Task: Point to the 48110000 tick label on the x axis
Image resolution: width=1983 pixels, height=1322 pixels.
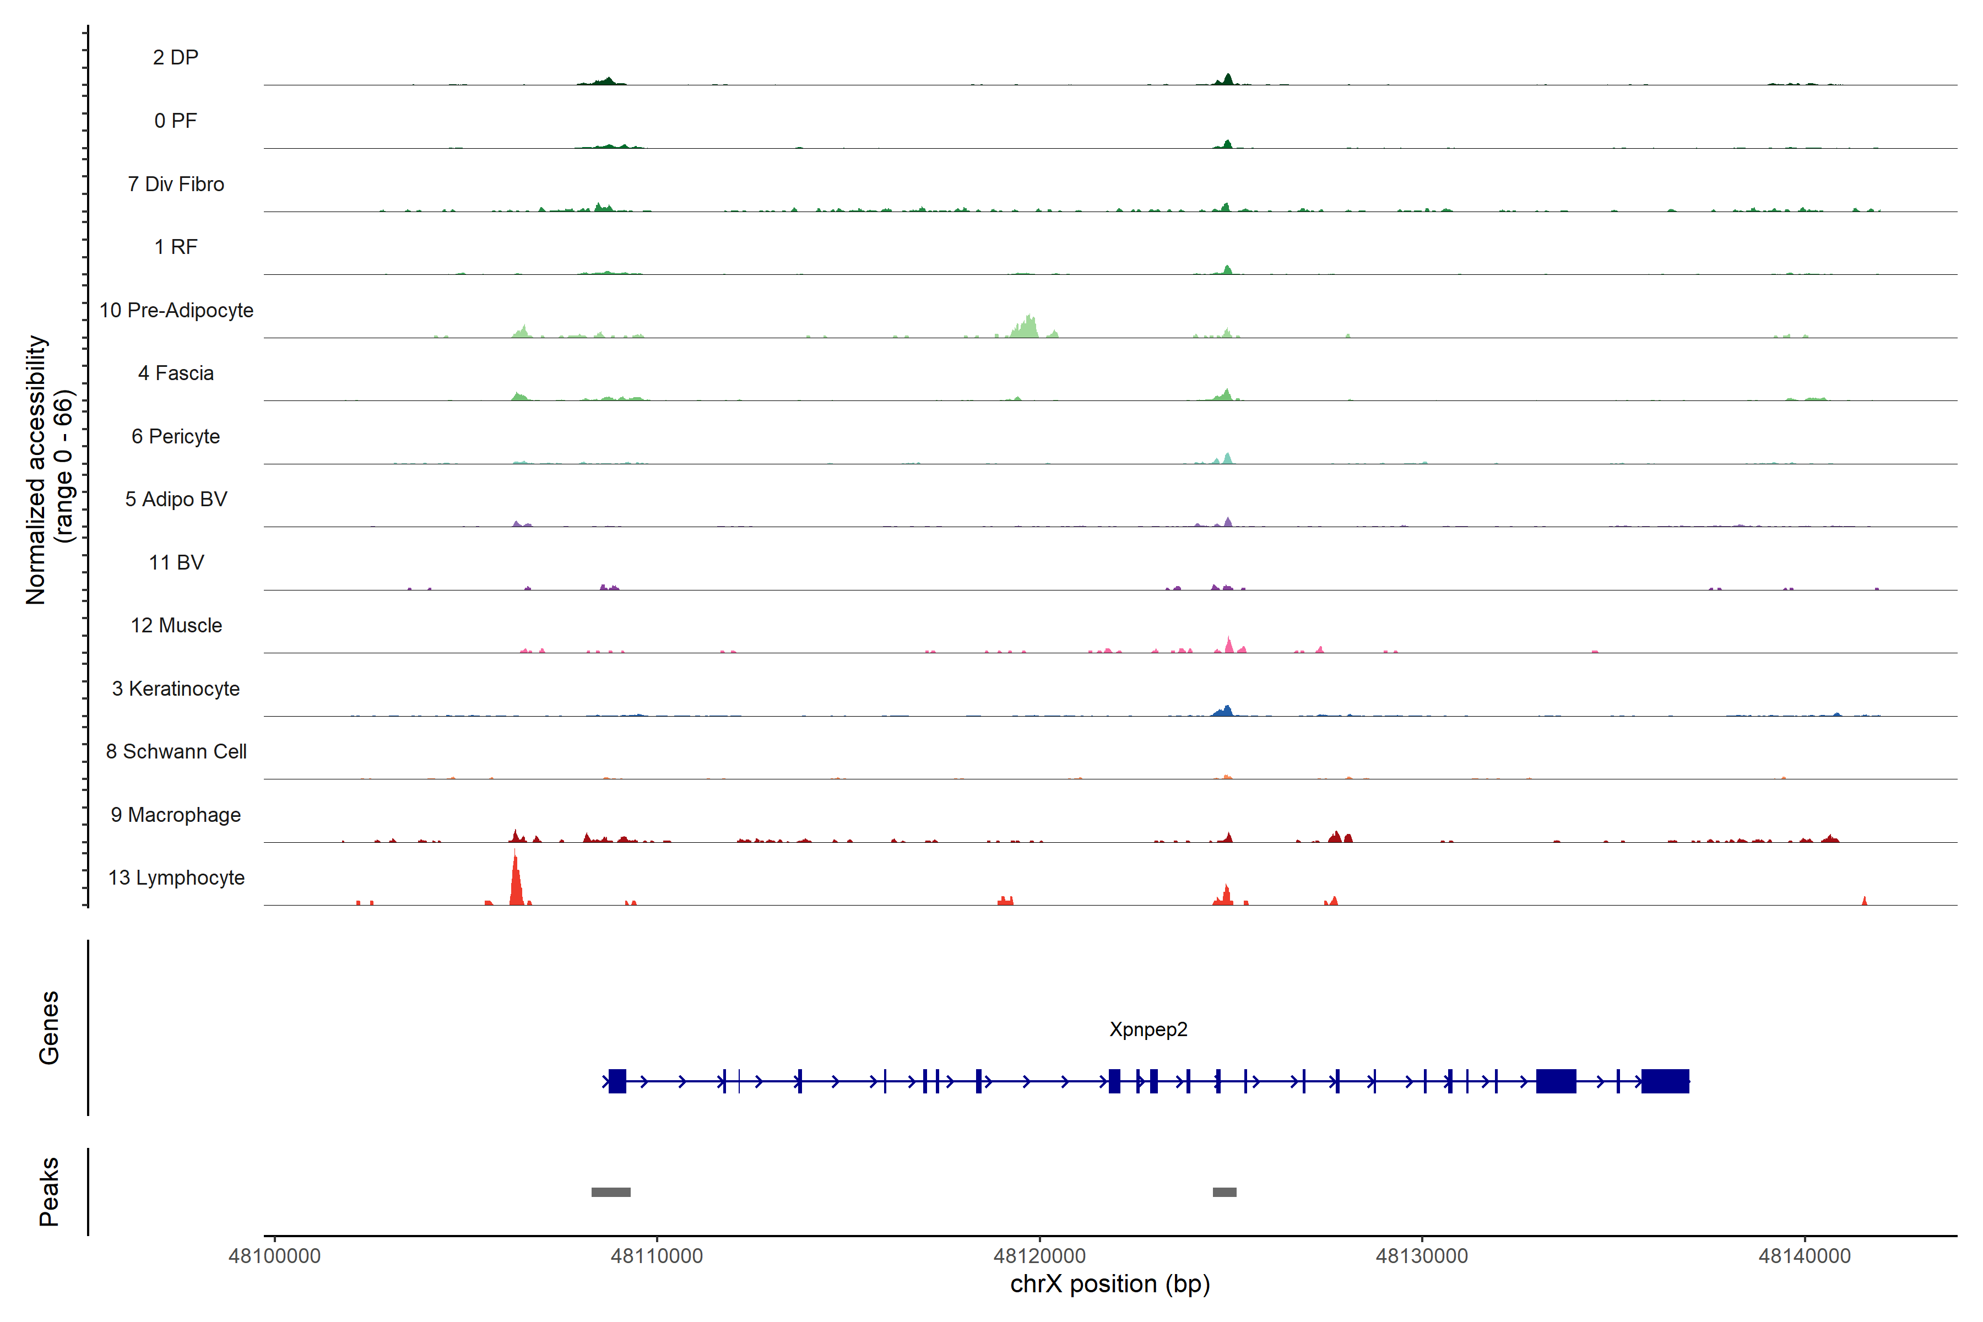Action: click(656, 1256)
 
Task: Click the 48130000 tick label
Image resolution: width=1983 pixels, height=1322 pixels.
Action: click(1422, 1256)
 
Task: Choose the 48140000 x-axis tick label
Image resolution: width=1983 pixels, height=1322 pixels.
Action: click(1805, 1256)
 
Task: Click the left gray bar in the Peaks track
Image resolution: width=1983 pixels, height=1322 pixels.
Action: click(610, 1192)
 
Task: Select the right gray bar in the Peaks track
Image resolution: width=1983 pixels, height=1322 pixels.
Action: click(1224, 1192)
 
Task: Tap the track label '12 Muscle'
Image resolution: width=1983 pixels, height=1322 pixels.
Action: click(176, 626)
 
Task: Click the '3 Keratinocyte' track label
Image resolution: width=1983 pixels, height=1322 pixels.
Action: click(176, 689)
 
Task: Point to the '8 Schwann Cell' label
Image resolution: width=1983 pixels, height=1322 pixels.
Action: click(176, 751)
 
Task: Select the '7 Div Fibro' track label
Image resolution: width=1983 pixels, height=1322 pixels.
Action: click(176, 184)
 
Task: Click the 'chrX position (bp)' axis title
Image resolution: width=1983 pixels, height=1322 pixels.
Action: click(1109, 1284)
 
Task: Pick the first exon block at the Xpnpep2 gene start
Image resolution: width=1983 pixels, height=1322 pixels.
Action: click(617, 1081)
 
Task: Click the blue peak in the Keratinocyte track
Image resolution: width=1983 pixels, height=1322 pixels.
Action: click(1226, 711)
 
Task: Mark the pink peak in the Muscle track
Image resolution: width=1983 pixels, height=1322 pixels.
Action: click(1228, 646)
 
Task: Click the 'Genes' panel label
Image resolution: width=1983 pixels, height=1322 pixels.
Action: click(49, 1028)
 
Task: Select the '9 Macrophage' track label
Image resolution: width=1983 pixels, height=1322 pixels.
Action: click(176, 815)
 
